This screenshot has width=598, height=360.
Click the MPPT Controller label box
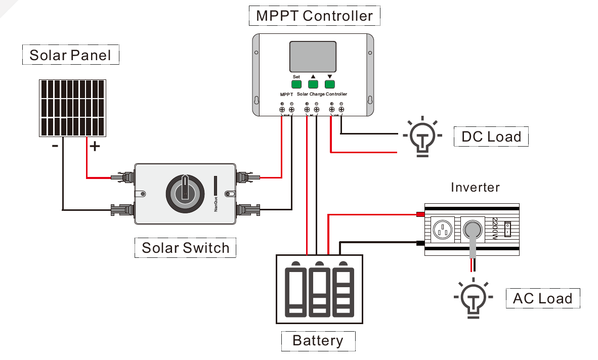tap(314, 16)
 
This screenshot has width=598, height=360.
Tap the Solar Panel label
tap(70, 55)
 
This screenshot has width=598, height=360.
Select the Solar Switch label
tap(185, 248)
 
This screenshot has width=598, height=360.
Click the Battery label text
tap(318, 340)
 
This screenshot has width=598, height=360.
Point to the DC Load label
tap(491, 137)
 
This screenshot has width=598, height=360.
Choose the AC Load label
tap(542, 298)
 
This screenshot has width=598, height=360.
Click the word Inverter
tap(475, 188)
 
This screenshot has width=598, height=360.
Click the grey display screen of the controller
tap(313, 57)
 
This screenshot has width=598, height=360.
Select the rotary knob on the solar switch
tap(185, 193)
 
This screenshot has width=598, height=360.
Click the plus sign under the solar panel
tap(95, 147)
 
